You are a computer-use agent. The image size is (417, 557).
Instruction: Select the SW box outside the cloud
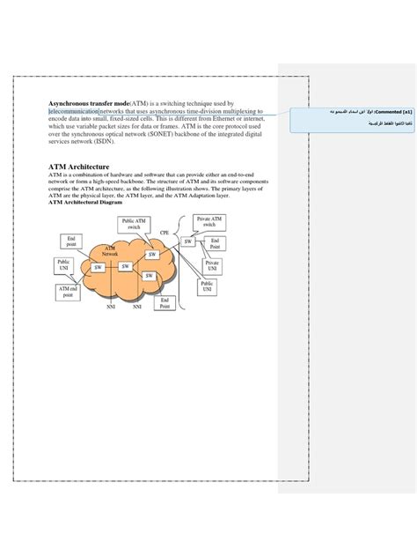click(187, 241)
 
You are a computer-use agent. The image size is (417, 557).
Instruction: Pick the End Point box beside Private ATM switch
click(215, 244)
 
